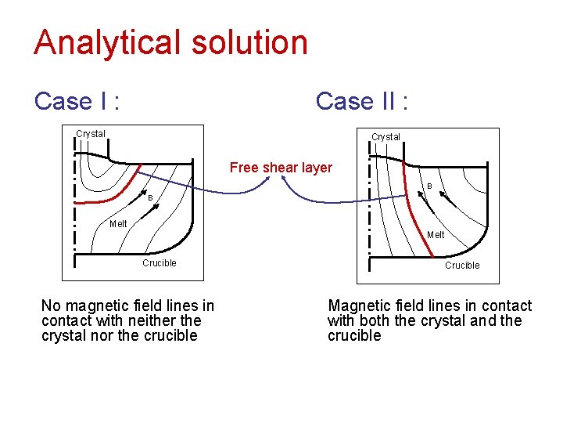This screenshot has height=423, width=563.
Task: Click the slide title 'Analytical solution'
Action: (170, 42)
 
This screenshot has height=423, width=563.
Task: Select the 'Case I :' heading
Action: (77, 101)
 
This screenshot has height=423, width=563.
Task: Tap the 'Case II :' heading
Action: (362, 101)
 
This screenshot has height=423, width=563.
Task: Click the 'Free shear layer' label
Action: (281, 168)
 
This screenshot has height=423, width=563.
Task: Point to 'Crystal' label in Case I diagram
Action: (91, 134)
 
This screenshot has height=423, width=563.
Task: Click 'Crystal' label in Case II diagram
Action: (385, 137)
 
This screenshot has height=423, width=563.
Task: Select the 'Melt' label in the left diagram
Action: (118, 224)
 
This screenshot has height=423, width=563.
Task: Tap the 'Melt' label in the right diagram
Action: (436, 235)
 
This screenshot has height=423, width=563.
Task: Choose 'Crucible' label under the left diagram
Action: (160, 263)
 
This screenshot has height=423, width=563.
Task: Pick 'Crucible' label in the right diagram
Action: (462, 266)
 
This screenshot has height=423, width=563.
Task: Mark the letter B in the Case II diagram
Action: (429, 186)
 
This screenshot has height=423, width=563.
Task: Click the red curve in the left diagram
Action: (117, 193)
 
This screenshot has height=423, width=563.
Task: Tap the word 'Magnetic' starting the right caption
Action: (357, 306)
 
